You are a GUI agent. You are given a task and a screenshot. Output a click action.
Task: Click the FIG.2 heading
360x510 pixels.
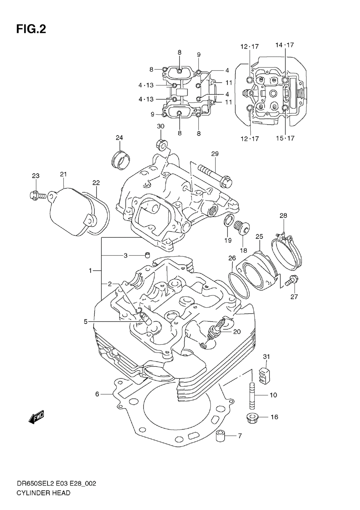(31, 30)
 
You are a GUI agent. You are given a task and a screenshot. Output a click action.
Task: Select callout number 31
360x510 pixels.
(266, 356)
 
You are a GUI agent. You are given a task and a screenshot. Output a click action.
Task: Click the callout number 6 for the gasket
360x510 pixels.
(97, 394)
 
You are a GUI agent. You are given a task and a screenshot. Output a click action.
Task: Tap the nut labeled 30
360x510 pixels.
(162, 144)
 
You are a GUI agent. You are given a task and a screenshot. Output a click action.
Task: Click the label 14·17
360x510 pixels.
(284, 45)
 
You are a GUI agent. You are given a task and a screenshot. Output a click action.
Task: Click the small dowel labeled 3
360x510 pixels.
(147, 255)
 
